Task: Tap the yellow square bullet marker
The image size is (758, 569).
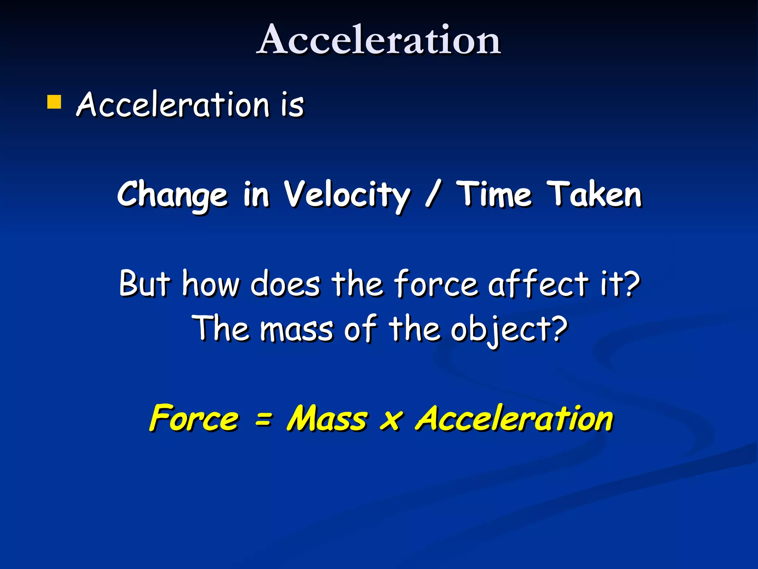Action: pyautogui.click(x=54, y=102)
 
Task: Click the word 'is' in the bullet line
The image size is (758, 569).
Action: pyautogui.click(x=292, y=105)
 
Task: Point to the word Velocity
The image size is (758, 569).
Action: pyautogui.click(x=347, y=195)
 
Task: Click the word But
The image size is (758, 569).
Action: pyautogui.click(x=145, y=284)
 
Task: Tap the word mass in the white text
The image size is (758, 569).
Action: pyautogui.click(x=296, y=329)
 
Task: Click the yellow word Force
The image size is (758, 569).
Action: pyautogui.click(x=194, y=418)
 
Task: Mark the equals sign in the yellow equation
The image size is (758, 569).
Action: pyautogui.click(x=264, y=420)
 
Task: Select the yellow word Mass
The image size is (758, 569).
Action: pyautogui.click(x=327, y=418)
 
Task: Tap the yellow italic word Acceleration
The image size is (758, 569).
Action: pyautogui.click(x=514, y=418)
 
